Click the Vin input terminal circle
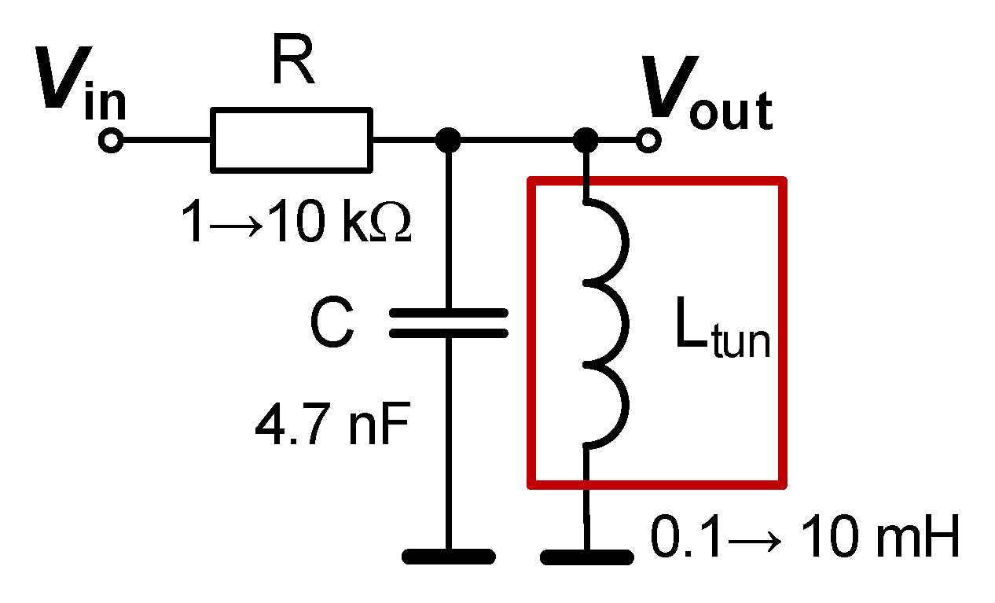pos(111,142)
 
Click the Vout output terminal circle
pos(649,142)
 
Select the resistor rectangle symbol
pos(292,140)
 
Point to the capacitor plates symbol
pos(449,322)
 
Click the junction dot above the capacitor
pos(449,142)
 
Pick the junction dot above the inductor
pos(586,142)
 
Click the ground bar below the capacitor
pos(449,557)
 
